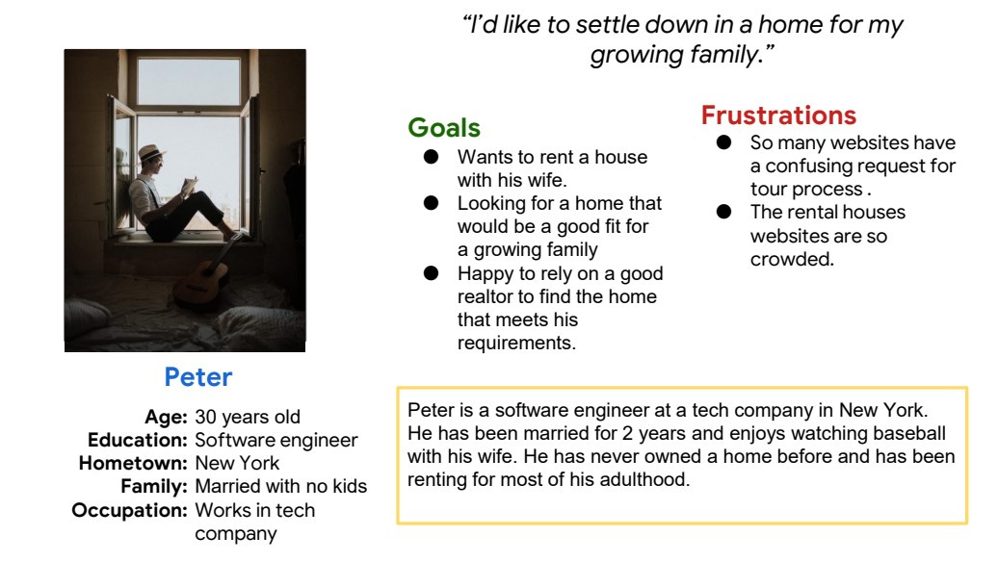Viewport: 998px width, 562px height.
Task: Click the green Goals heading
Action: click(444, 128)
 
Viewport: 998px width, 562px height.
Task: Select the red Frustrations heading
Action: click(778, 115)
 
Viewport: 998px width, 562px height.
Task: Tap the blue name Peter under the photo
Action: click(197, 377)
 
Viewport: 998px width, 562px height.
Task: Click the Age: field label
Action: click(166, 417)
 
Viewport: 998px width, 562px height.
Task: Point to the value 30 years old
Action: click(248, 417)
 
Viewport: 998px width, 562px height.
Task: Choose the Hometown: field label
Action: click(133, 463)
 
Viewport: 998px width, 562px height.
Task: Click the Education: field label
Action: click(138, 440)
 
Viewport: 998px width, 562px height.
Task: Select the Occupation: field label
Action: click(130, 510)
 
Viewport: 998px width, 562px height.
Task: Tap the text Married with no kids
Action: click(280, 486)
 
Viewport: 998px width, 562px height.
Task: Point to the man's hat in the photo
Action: click(151, 153)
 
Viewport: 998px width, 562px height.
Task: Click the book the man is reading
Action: click(189, 187)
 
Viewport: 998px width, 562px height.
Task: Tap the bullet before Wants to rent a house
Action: click(431, 157)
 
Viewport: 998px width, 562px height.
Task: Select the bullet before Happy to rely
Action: click(431, 273)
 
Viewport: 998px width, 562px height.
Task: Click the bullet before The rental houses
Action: click(723, 212)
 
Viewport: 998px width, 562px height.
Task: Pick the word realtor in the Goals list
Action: click(485, 297)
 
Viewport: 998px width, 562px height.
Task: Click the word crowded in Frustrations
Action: click(792, 260)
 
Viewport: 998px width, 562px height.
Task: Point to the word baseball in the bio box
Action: click(909, 433)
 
